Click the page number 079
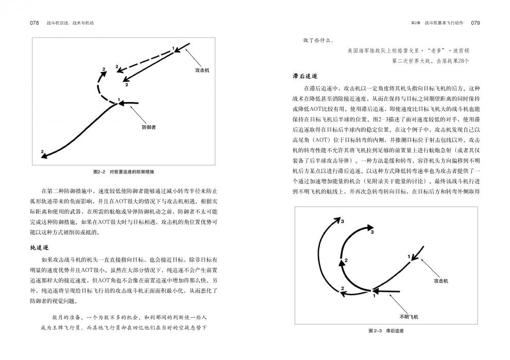(x=475, y=23)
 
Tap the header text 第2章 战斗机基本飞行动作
(x=437, y=23)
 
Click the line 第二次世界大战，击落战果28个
(x=430, y=61)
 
